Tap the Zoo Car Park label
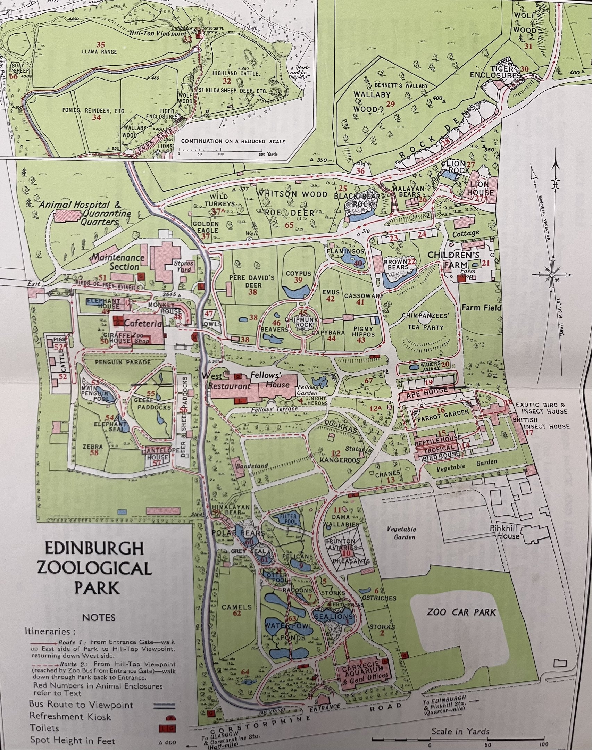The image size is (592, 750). pyautogui.click(x=461, y=612)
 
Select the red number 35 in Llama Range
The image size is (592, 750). pyautogui.click(x=101, y=44)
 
